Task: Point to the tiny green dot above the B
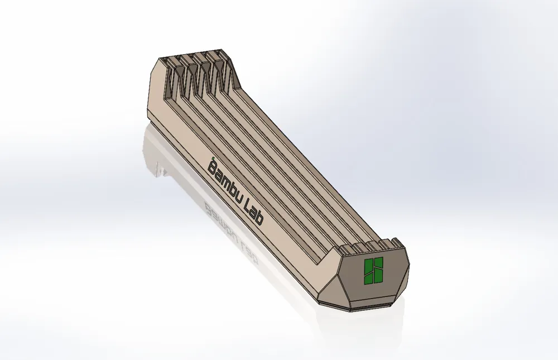[213, 157]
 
